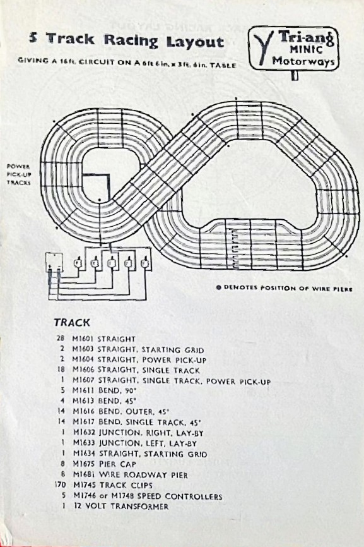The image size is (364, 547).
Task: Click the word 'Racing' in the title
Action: click(x=131, y=41)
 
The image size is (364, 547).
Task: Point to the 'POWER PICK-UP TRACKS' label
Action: click(x=18, y=174)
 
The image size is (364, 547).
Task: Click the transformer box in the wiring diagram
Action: click(x=54, y=262)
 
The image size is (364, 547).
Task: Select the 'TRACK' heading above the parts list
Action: click(x=72, y=323)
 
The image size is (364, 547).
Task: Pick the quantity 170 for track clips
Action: click(x=61, y=485)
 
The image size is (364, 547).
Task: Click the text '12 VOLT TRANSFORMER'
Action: click(x=121, y=506)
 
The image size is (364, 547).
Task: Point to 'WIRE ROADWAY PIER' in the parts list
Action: click(x=143, y=475)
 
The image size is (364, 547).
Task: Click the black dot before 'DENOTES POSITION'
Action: click(x=219, y=288)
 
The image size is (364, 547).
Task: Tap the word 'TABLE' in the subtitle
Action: click(x=223, y=65)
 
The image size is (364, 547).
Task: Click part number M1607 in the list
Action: click(x=84, y=380)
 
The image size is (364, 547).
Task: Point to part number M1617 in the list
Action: click(x=84, y=422)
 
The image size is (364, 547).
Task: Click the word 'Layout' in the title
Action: click(x=195, y=42)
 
